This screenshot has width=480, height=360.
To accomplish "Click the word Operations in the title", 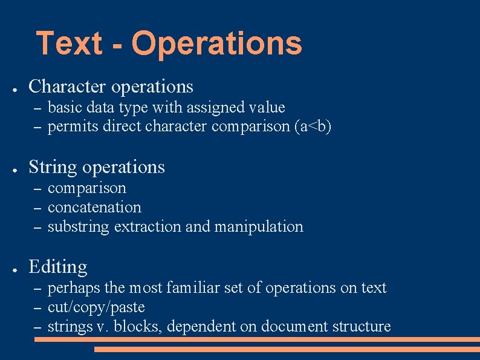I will point(216,43).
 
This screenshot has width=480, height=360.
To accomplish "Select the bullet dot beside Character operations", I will point(13,88).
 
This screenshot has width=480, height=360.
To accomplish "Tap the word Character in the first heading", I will point(66,87).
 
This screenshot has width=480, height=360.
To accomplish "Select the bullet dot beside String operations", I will point(13,169).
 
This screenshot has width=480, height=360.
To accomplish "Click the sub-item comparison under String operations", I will point(87,188).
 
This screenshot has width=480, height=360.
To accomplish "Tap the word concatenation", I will point(94,207).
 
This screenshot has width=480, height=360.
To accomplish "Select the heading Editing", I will point(58,267).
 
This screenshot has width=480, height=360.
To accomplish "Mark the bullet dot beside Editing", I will point(13,268).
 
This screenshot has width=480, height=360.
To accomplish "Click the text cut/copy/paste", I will point(96,307).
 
